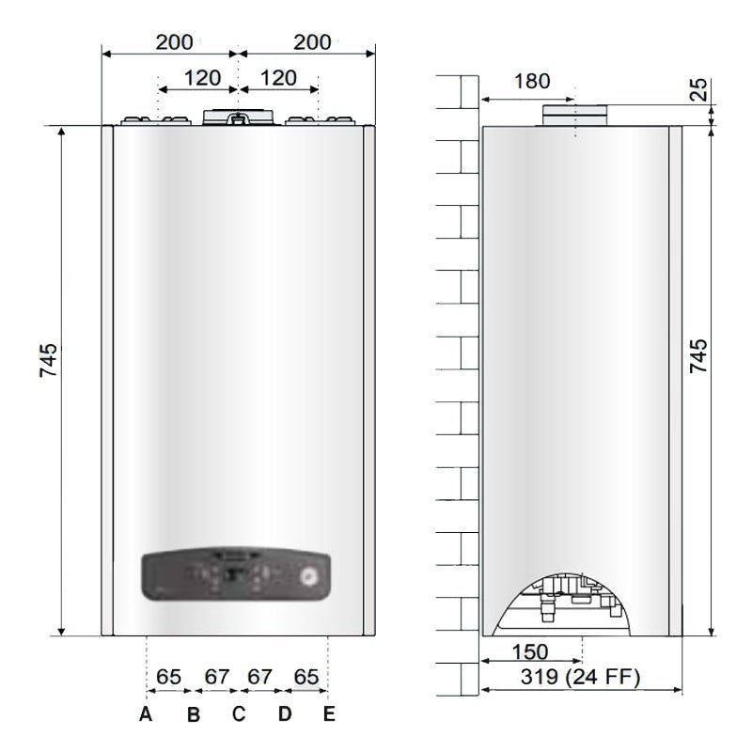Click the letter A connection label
coord(146,714)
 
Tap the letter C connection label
coord(239,714)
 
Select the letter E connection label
coord(328,714)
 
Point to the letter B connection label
coord(193,715)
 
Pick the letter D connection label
coord(285,714)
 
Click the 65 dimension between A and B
coord(169,677)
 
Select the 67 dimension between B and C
coord(217,677)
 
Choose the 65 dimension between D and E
coord(306,677)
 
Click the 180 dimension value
coord(532,81)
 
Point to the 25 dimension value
coord(697,89)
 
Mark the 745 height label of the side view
coord(698,355)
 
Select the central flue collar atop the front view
coord(239,117)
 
